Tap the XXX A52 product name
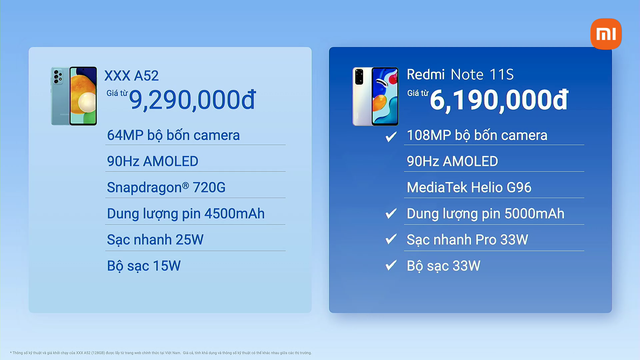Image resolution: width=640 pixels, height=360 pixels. tap(132, 75)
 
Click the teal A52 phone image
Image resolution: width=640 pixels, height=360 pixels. tap(73, 95)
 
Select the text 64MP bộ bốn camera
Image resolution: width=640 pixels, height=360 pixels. tap(172, 135)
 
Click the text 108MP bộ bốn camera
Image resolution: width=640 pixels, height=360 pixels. tap(476, 135)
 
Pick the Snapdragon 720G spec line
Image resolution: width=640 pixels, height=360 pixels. tap(167, 187)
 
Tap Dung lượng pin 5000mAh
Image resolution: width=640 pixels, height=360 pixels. tap(485, 213)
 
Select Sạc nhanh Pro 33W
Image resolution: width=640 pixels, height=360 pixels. tap(467, 239)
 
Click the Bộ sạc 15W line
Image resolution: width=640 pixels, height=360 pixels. tap(143, 265)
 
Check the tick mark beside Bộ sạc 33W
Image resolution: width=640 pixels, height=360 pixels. tap(391, 266)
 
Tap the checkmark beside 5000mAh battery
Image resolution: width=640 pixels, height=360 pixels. tap(391, 214)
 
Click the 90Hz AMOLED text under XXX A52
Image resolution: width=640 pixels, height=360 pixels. tap(152, 161)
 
